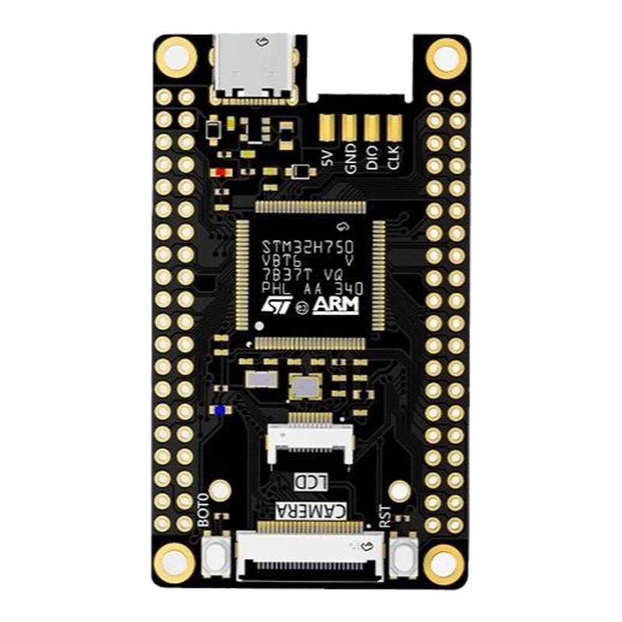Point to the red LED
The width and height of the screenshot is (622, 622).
click(222, 172)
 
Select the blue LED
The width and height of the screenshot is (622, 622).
click(220, 410)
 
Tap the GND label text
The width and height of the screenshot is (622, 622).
click(350, 158)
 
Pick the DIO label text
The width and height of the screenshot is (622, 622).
click(372, 158)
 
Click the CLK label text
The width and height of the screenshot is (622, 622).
click(393, 158)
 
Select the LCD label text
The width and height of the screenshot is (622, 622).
click(309, 481)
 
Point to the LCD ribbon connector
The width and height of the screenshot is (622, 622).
click(311, 440)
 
